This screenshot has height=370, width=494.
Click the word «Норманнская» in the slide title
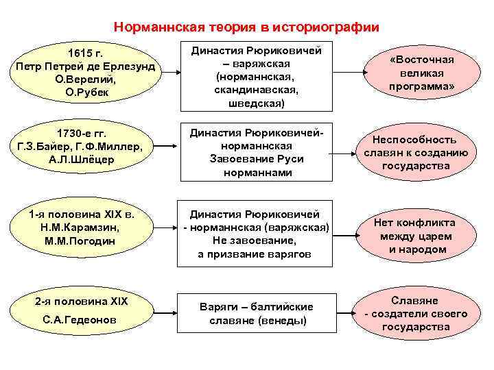pyautogui.click(x=150, y=27)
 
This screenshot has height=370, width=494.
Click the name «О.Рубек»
pyautogui.click(x=86, y=92)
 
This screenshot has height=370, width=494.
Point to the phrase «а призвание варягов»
pyautogui.click(x=255, y=254)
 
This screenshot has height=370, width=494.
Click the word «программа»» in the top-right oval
pyautogui.click(x=422, y=86)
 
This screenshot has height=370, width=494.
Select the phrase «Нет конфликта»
pyautogui.click(x=414, y=223)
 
